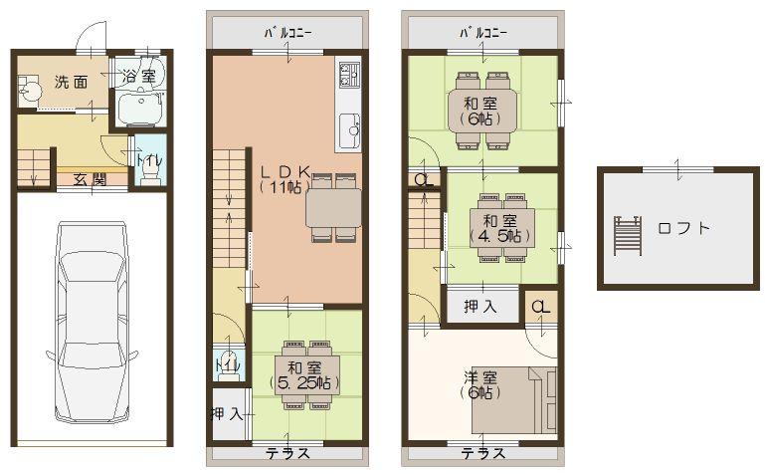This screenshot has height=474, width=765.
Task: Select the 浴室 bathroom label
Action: [x=139, y=76]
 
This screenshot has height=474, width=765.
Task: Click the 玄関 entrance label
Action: [x=90, y=179]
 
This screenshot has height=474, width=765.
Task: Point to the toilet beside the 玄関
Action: [x=149, y=170]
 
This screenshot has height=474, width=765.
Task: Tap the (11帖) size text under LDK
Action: [x=287, y=186]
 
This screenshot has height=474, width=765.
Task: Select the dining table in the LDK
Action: [x=333, y=208]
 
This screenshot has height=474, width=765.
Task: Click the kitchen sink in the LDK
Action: [x=350, y=128]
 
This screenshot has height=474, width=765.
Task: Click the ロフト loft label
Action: [x=683, y=228]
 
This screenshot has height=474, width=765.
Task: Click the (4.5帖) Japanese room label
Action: [x=498, y=236]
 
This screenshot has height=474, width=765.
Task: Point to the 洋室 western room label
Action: [x=479, y=377]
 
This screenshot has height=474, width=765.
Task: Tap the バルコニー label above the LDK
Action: [x=287, y=32]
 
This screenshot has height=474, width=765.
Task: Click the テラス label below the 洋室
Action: [x=480, y=454]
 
